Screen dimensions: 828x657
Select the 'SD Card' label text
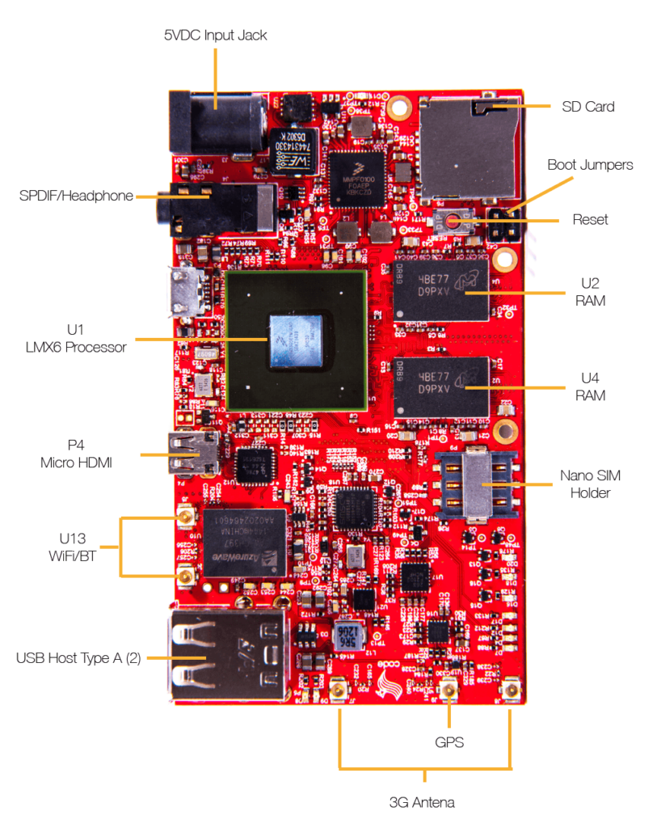588,106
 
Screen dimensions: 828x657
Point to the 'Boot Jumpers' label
590,165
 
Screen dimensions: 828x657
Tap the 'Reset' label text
590,219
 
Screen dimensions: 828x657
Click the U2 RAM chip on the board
442,289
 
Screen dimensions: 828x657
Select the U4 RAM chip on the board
442,387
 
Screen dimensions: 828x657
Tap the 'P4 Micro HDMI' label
78,454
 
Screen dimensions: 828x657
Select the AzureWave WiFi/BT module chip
245,543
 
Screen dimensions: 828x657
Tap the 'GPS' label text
449,741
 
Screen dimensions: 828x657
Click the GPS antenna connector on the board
448,691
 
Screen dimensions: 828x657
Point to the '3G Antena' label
422,802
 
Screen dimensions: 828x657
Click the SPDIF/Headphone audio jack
218,206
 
